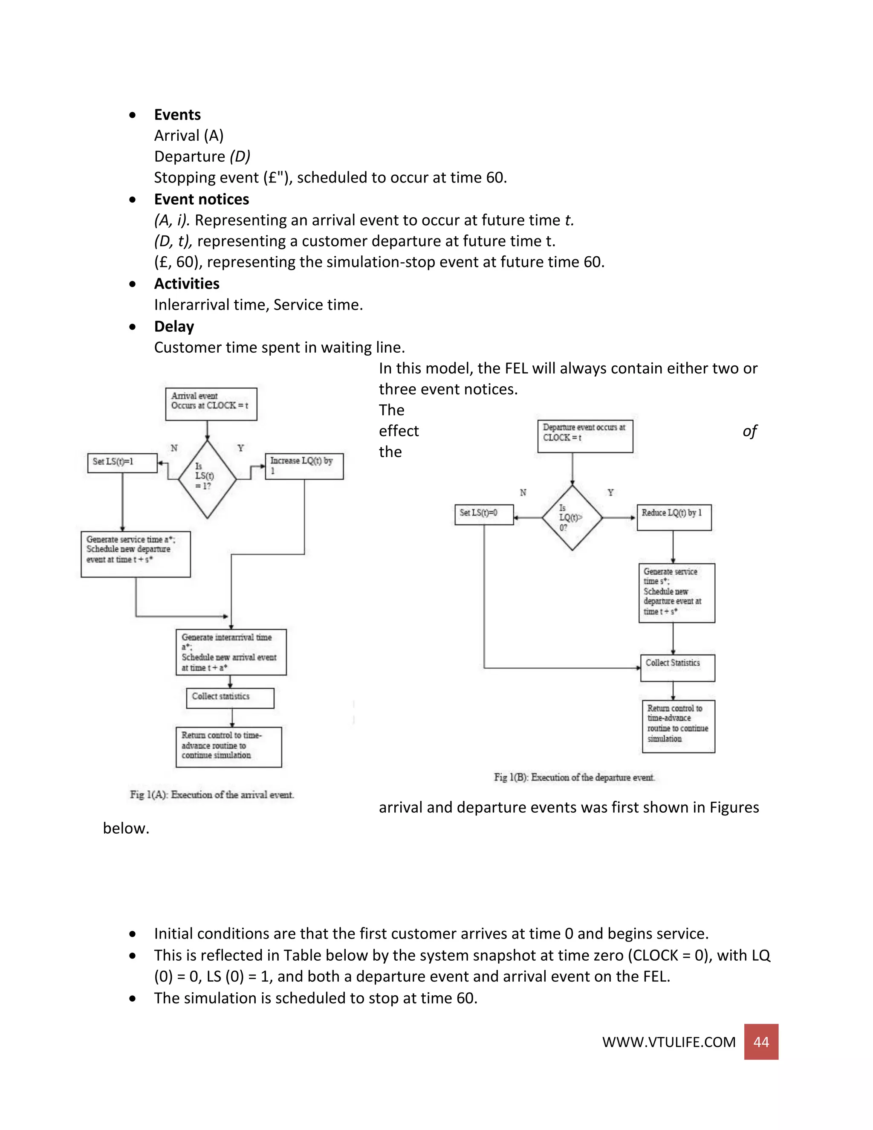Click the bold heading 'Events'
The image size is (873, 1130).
click(x=177, y=114)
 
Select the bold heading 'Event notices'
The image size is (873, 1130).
click(x=201, y=199)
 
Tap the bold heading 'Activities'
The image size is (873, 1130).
click(x=187, y=284)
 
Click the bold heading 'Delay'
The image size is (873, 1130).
click(x=174, y=327)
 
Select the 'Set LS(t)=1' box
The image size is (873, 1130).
click(x=123, y=463)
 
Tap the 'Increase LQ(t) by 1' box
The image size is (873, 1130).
click(x=304, y=466)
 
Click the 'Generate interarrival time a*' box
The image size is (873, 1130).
click(x=231, y=652)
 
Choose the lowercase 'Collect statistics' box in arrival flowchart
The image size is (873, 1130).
click(x=230, y=698)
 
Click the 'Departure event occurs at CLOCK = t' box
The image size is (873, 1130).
click(x=585, y=436)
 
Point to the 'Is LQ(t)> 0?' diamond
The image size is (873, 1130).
click(x=572, y=517)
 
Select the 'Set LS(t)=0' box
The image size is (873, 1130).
click(x=484, y=514)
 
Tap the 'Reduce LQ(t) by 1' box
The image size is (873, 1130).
click(x=674, y=517)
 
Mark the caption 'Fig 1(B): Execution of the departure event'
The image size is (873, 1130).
click(x=574, y=777)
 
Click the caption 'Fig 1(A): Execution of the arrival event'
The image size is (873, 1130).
click(x=211, y=794)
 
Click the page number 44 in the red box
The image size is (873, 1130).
click(x=761, y=1042)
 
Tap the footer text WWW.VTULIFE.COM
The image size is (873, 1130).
click(x=668, y=1042)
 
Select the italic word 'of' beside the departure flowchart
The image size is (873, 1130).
click(x=749, y=431)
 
